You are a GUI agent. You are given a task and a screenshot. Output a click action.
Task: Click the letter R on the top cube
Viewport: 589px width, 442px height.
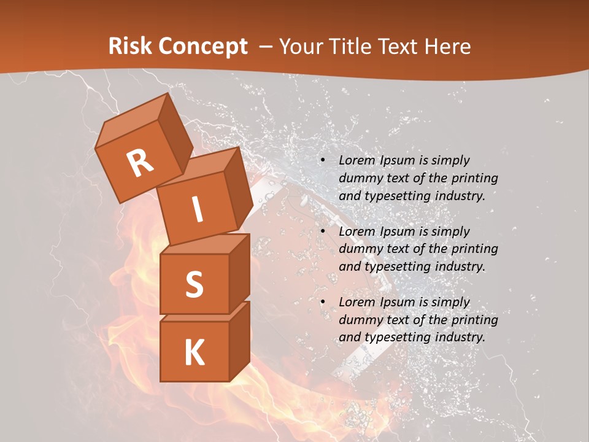pyautogui.click(x=140, y=163)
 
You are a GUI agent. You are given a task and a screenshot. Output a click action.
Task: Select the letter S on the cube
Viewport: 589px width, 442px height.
pyautogui.click(x=194, y=284)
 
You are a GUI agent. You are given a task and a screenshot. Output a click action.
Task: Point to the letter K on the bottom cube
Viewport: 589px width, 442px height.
pyautogui.click(x=194, y=352)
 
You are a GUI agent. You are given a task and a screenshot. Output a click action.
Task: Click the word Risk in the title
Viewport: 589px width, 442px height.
pyautogui.click(x=130, y=46)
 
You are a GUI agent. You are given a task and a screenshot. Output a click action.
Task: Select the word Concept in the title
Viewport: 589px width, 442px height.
pyautogui.click(x=202, y=46)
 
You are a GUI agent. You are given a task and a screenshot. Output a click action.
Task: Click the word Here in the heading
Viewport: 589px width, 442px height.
pyautogui.click(x=448, y=46)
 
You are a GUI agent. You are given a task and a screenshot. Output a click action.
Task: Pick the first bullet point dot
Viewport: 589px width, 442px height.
pyautogui.click(x=323, y=160)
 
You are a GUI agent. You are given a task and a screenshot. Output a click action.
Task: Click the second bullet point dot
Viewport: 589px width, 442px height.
pyautogui.click(x=323, y=231)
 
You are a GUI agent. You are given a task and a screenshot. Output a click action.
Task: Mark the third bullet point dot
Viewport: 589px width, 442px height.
pyautogui.click(x=323, y=302)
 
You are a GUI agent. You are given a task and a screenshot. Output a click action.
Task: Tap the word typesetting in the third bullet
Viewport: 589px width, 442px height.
pyautogui.click(x=398, y=337)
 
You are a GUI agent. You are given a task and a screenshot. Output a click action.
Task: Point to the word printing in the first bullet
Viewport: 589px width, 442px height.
pyautogui.click(x=474, y=178)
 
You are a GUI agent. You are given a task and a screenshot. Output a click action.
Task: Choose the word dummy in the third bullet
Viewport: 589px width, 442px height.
pyautogui.click(x=360, y=320)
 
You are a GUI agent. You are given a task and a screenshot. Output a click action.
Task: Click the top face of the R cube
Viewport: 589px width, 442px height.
pyautogui.click(x=131, y=120)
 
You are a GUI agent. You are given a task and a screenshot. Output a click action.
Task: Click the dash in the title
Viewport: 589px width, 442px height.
pyautogui.click(x=266, y=46)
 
